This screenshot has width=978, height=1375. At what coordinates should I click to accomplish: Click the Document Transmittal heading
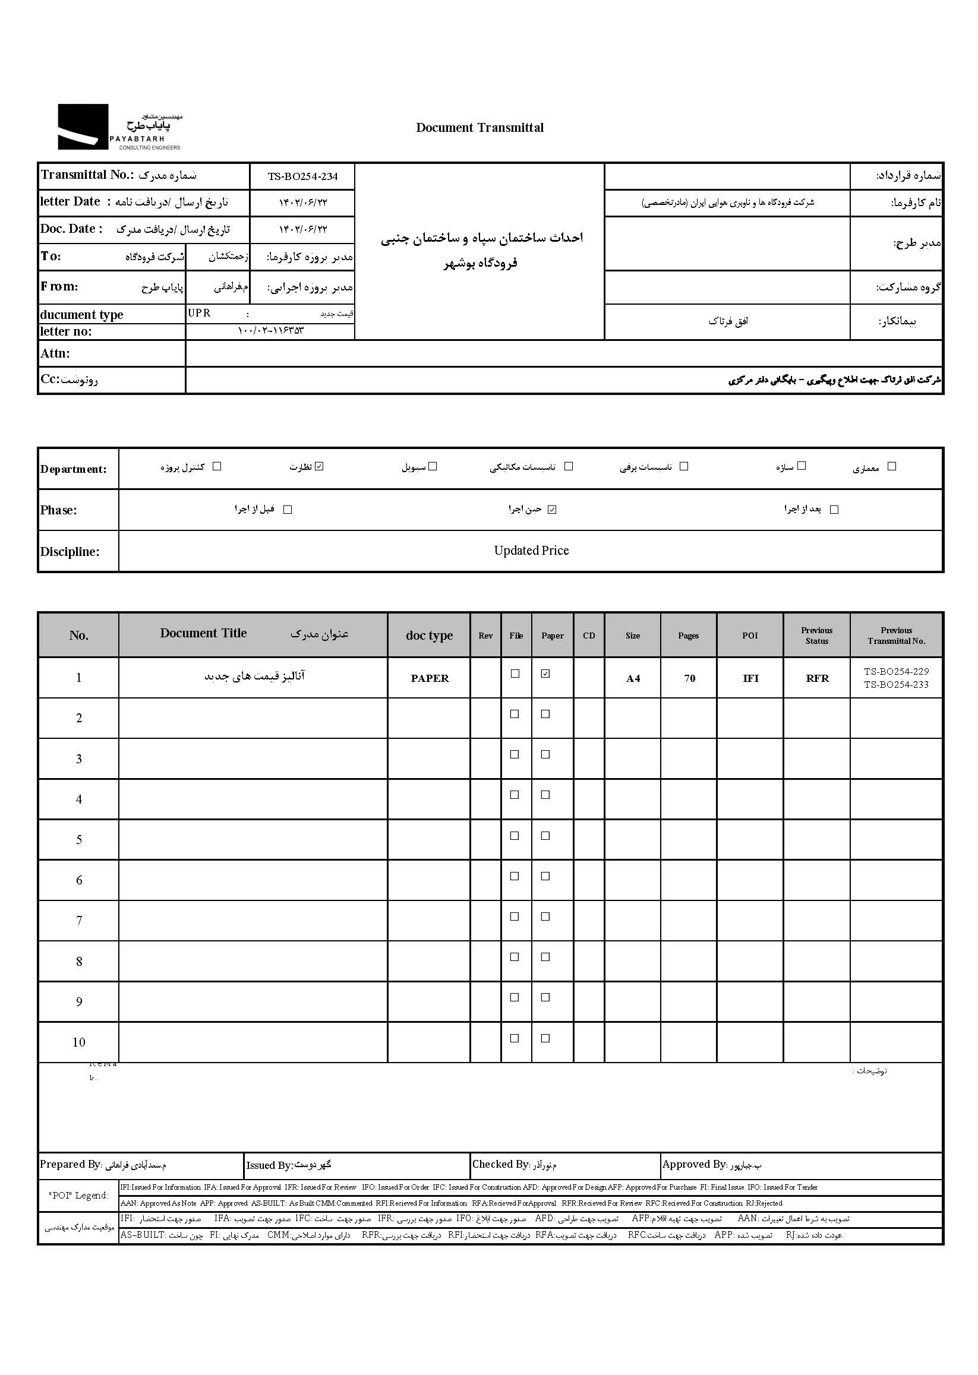pyautogui.click(x=479, y=128)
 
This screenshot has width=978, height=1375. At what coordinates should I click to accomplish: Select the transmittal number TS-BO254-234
pyautogui.click(x=302, y=176)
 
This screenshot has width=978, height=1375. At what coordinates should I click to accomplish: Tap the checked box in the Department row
pyautogui.click(x=320, y=466)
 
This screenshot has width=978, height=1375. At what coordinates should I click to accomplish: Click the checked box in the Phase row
pyautogui.click(x=552, y=510)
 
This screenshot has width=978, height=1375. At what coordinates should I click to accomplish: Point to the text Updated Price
pyautogui.click(x=531, y=550)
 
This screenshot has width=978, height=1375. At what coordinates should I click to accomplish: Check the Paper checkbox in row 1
pyautogui.click(x=545, y=674)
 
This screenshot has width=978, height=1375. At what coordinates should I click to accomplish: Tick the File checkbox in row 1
pyautogui.click(x=515, y=674)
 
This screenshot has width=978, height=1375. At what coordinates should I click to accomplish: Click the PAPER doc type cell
pyautogui.click(x=430, y=678)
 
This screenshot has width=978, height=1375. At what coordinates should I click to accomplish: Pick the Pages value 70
pyautogui.click(x=690, y=678)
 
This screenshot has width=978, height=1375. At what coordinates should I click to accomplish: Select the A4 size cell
pyautogui.click(x=633, y=678)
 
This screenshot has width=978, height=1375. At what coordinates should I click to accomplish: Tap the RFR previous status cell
pyautogui.click(x=817, y=678)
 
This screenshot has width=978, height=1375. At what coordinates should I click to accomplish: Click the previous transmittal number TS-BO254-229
pyautogui.click(x=896, y=671)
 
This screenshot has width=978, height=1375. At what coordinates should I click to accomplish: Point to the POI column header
pyautogui.click(x=750, y=636)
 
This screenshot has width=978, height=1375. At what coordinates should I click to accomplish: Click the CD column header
pyautogui.click(x=589, y=636)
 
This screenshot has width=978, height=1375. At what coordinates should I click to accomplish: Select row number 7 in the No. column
pyautogui.click(x=79, y=921)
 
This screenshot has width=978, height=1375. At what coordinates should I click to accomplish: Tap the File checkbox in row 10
pyautogui.click(x=515, y=1038)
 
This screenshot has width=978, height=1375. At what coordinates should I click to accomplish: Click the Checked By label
pyautogui.click(x=500, y=1164)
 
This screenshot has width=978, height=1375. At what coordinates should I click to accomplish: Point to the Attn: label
pyautogui.click(x=55, y=353)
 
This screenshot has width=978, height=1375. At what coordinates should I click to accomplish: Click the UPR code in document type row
pyautogui.click(x=199, y=313)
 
